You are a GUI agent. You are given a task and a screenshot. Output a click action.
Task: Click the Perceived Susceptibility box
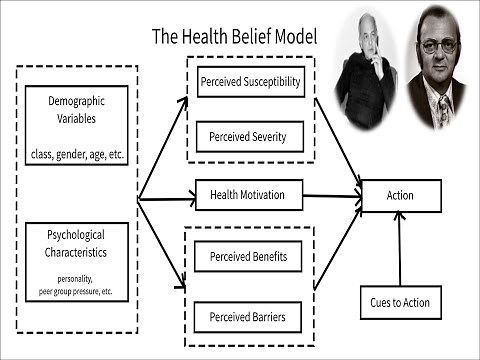pyautogui.click(x=249, y=82)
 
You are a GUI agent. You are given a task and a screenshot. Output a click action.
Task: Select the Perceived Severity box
pyautogui.click(x=249, y=136)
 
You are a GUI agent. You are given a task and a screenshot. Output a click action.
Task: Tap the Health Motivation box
pyautogui.click(x=249, y=195)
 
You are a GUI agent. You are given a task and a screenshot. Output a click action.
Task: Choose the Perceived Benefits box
pyautogui.click(x=249, y=257)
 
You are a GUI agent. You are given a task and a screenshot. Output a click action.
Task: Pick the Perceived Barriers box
pyautogui.click(x=249, y=318)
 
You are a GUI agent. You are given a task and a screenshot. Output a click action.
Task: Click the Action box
pyautogui.click(x=400, y=195)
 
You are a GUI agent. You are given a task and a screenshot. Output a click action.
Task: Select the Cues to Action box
pyautogui.click(x=400, y=302)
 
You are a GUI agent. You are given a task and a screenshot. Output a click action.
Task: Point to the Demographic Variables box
pyautogui.click(x=76, y=124)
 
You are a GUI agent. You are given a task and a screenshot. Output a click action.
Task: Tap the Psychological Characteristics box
pyautogui.click(x=76, y=261)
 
